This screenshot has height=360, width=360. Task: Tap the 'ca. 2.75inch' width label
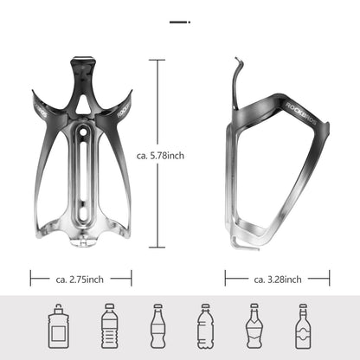click(x=81, y=279)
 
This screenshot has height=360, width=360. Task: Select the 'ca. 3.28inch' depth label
click(x=277, y=279)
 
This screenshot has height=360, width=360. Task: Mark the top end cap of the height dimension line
click(x=157, y=60)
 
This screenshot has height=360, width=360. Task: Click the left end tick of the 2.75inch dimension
click(x=31, y=279)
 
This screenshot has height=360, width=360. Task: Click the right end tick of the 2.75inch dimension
click(x=132, y=279)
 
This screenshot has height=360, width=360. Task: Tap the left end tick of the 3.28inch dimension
click(x=226, y=279)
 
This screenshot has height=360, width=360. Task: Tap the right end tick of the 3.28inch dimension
click(x=329, y=279)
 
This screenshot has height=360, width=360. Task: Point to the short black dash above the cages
click(x=179, y=19)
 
